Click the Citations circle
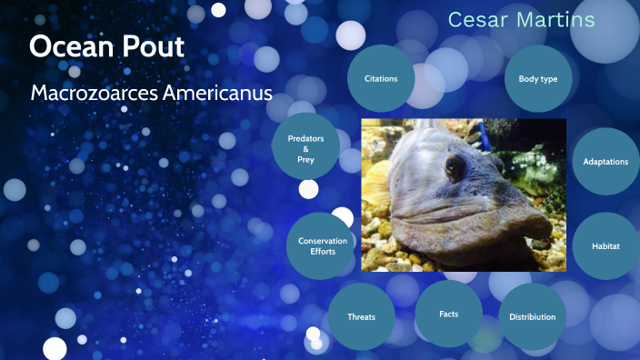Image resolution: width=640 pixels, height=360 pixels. click(381, 79)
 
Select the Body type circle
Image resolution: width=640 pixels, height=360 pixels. click(537, 79)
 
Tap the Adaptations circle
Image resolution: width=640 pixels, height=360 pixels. click(605, 162)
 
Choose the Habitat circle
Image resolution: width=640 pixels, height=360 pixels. click(605, 246)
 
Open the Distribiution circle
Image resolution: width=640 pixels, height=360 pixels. click(533, 316)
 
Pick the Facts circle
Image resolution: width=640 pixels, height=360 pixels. click(448, 314)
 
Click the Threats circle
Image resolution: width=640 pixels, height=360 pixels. click(361, 316)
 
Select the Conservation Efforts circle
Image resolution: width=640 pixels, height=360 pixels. click(323, 246)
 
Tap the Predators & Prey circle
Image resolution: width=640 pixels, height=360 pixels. click(305, 148)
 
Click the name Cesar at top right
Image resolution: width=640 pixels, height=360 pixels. click(477, 20)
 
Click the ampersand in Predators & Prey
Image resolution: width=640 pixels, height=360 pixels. click(305, 148)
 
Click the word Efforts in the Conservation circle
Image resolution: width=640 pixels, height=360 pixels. click(323, 252)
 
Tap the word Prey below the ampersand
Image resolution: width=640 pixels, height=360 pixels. click(305, 159)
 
